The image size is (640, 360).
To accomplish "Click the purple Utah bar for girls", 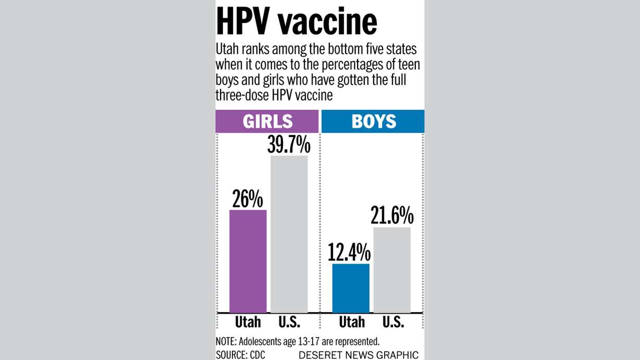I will click(248, 261).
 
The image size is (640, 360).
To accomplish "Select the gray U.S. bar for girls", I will click(289, 234).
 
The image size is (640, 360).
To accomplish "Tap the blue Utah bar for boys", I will click(351, 288).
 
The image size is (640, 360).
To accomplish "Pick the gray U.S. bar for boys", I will click(392, 270).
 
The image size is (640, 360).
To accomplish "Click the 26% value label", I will click(248, 200).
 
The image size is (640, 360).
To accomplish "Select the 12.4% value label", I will click(349, 253).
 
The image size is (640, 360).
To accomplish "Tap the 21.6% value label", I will click(392, 216).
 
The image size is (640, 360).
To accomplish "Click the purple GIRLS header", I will click(267, 121).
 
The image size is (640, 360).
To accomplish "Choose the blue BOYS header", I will click(373, 121).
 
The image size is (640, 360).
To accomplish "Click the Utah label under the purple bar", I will click(248, 322).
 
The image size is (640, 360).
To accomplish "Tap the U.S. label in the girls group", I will click(289, 322).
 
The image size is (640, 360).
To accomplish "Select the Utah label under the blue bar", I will click(351, 322).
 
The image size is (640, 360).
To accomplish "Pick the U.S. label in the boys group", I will click(392, 322).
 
